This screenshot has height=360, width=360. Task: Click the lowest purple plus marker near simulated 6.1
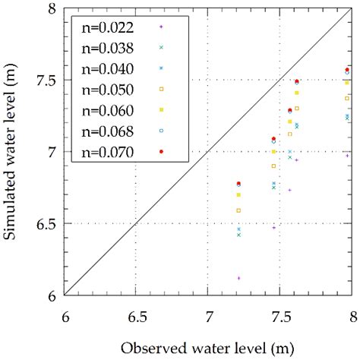[x=238, y=278]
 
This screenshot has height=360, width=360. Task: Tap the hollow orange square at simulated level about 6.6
[x=238, y=210]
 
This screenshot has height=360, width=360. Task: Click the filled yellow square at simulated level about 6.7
[x=238, y=195]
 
